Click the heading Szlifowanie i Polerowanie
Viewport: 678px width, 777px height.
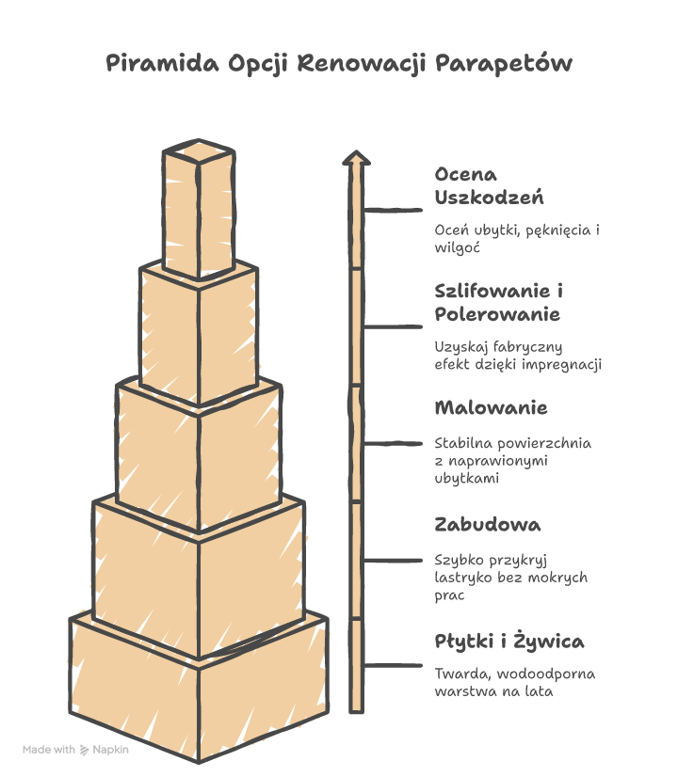click(499, 302)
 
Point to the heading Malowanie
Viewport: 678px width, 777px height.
click(491, 408)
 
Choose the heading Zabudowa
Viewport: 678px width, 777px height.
click(488, 524)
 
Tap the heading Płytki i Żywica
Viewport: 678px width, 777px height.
click(509, 642)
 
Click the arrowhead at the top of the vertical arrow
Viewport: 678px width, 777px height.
click(355, 158)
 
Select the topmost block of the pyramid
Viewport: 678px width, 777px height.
click(198, 212)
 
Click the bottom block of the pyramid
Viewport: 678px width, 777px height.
click(198, 691)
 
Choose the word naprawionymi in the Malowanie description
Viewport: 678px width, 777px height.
click(501, 461)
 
